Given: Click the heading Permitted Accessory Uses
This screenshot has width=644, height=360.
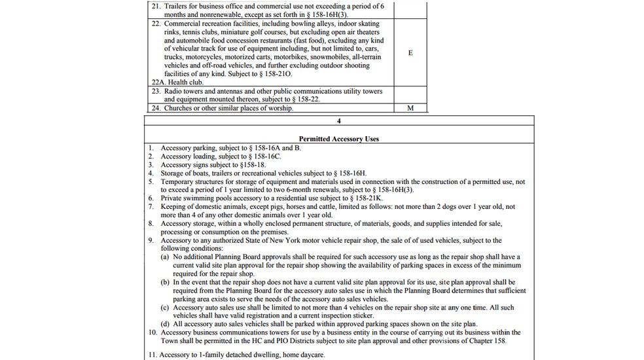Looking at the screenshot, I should tap(338, 139).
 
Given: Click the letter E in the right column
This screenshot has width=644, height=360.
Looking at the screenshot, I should tap(410, 53).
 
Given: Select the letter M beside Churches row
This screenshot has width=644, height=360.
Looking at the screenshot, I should tap(410, 109).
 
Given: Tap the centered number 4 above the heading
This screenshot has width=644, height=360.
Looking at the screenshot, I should tap(338, 121).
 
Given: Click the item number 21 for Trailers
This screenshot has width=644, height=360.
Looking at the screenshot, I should tap(156, 6).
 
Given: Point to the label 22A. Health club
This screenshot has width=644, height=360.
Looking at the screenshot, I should tap(177, 82).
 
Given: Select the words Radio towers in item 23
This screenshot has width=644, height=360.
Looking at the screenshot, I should tap(184, 92).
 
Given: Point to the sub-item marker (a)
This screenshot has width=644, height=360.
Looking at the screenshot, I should tap(166, 258).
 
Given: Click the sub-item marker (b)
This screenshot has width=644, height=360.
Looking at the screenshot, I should tap(166, 282).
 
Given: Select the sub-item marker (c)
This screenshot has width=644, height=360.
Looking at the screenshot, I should tap(166, 308).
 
